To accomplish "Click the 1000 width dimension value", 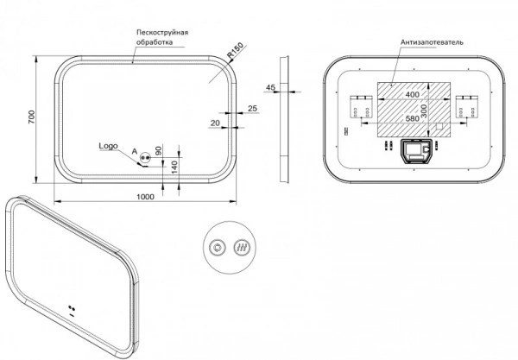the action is pos(145,197).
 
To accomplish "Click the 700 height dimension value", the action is pos(31,117).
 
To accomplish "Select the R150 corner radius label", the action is pos(236,51).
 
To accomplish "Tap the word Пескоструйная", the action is pos(162,32).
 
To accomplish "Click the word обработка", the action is pos(155,42).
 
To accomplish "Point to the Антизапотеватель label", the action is pos(432,42).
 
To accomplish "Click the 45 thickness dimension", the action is pos(270,87).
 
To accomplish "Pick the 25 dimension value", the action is pos(252,108).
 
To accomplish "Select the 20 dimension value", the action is pos(215,123).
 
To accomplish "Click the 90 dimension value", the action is pos(159,150).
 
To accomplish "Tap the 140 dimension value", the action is pos(174,167).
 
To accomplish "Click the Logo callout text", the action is pos(109,146).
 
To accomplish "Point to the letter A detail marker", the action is pos(135,152).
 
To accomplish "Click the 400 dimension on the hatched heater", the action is pos(413,94).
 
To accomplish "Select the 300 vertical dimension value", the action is pos(424,111).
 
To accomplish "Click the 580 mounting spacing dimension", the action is pos(413,118).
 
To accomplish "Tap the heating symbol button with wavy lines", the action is pos(242,248).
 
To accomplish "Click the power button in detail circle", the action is pos(218,248).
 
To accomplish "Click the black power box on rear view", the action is pos(417,151).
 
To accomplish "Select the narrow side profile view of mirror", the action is pos(284,119).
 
